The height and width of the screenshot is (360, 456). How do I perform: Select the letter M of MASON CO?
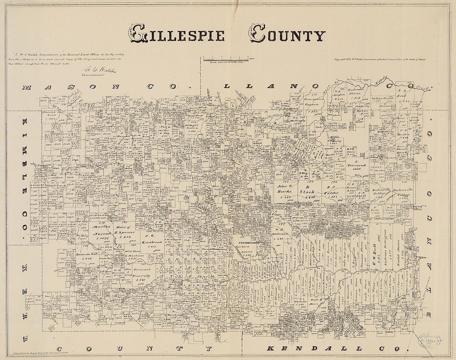click(27, 88)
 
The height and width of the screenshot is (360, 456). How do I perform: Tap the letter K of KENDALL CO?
click(269, 348)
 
